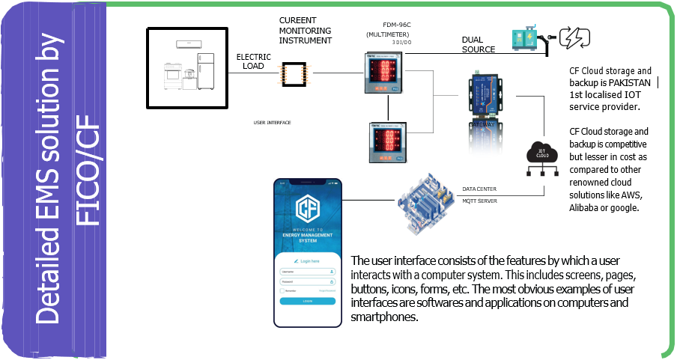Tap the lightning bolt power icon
[574, 37]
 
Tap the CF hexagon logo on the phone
[307, 210]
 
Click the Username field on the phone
[307, 271]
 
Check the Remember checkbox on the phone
[282, 290]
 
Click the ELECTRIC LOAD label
[253, 61]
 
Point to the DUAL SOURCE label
[479, 45]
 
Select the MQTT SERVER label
[479, 201]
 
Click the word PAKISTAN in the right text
[631, 83]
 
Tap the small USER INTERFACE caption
[272, 122]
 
